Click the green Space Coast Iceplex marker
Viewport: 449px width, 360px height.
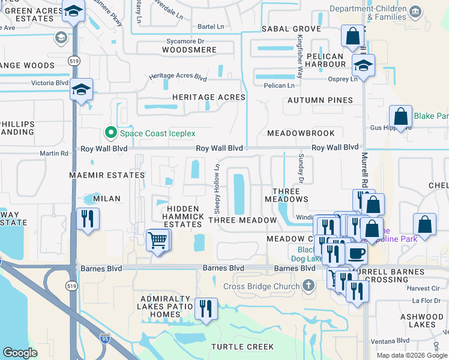110,133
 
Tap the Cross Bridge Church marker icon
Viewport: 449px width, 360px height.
309,286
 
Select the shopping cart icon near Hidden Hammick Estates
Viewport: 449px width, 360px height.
157,241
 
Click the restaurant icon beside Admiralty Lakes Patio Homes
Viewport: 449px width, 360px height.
206,308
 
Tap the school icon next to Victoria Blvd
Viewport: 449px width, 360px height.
81,90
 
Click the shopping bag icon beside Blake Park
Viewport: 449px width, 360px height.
400,116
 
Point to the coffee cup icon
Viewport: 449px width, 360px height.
357,253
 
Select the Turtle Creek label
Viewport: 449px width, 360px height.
242,347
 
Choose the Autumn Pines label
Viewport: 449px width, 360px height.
319,100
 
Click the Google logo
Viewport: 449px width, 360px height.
20,353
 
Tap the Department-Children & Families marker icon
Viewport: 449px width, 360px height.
415,12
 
